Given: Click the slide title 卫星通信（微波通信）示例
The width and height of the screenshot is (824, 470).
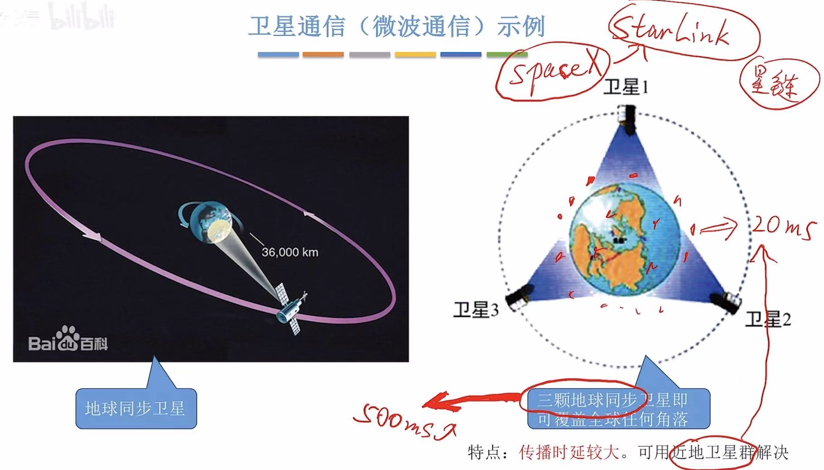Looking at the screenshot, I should coord(397,26).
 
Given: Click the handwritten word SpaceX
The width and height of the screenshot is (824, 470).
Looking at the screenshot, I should coord(554,73).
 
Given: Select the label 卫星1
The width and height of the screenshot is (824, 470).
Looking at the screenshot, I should coord(626,87).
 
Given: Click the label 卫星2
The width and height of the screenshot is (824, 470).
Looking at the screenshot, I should coord(768,320).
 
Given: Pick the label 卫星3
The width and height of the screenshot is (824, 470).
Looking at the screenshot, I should coord(476,310).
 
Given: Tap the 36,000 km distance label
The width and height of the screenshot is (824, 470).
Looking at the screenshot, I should coord(290,252).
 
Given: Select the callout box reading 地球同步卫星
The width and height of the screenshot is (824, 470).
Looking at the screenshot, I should coord(136,409).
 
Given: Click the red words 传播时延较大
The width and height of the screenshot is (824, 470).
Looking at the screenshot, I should coord(569,452).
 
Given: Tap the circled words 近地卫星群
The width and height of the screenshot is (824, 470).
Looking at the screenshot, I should coord(714,452).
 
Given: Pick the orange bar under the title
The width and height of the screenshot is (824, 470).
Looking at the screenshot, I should coord(323,54).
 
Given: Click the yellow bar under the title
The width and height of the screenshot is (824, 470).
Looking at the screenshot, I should coord(415,54).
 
